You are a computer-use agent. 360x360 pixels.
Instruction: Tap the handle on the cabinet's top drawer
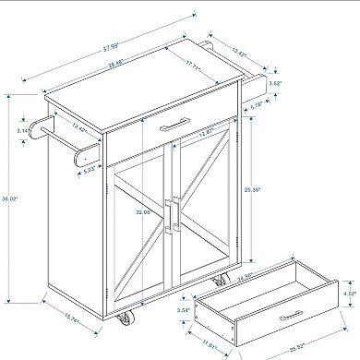[x=178, y=125]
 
